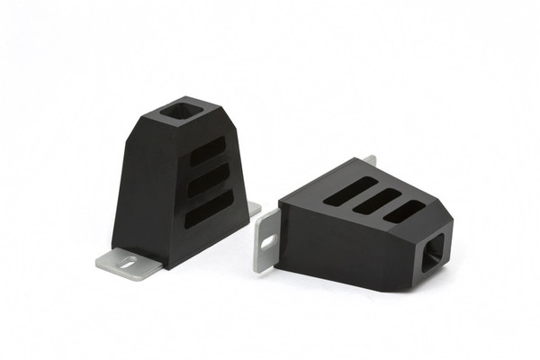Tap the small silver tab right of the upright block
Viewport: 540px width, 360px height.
(x=254, y=210)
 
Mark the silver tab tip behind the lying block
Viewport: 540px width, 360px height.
(x=370, y=161)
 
